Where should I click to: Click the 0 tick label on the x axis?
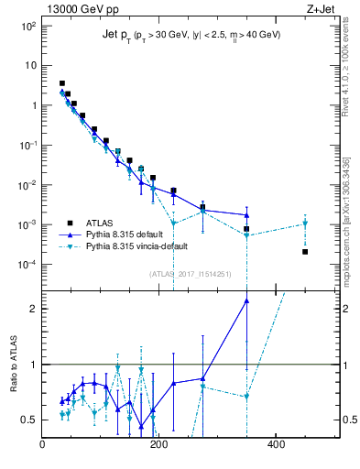(43, 445)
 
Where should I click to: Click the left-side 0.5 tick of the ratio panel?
(28, 420)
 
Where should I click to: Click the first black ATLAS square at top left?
(61, 83)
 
